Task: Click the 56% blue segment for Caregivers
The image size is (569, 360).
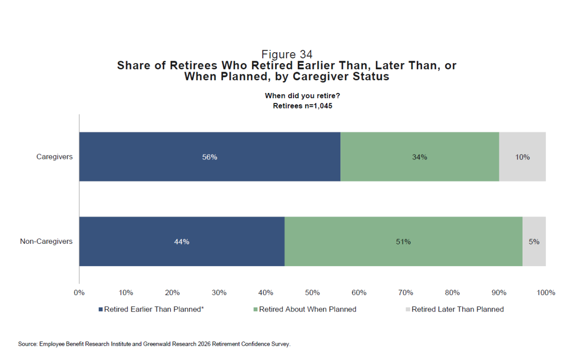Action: click(x=210, y=157)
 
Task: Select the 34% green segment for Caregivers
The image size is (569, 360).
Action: click(x=420, y=157)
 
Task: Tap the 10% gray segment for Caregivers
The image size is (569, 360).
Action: click(x=523, y=157)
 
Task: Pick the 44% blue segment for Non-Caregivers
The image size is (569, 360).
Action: click(x=182, y=241)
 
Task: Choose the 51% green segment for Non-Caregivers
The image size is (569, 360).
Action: click(x=404, y=241)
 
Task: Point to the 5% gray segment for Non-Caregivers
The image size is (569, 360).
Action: click(x=534, y=241)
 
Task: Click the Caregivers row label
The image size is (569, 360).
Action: click(x=55, y=157)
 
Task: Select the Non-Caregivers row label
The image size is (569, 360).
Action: click(x=46, y=241)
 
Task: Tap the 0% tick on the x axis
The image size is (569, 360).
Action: click(x=79, y=293)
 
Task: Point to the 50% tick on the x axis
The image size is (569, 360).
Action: click(x=312, y=293)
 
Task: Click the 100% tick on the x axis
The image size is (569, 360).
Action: click(x=546, y=293)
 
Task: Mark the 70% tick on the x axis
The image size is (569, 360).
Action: click(x=406, y=293)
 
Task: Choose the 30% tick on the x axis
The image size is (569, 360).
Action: click(x=219, y=293)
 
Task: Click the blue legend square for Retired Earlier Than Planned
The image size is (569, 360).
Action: click(x=101, y=309)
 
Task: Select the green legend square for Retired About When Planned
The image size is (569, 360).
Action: click(x=256, y=309)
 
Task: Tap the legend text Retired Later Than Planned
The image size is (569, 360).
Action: click(x=458, y=309)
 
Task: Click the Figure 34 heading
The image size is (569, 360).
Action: click(x=287, y=55)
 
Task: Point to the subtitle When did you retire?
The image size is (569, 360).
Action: click(x=303, y=96)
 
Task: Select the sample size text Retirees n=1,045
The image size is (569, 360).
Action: click(x=303, y=106)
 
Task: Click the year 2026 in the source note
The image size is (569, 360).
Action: click(x=204, y=344)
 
